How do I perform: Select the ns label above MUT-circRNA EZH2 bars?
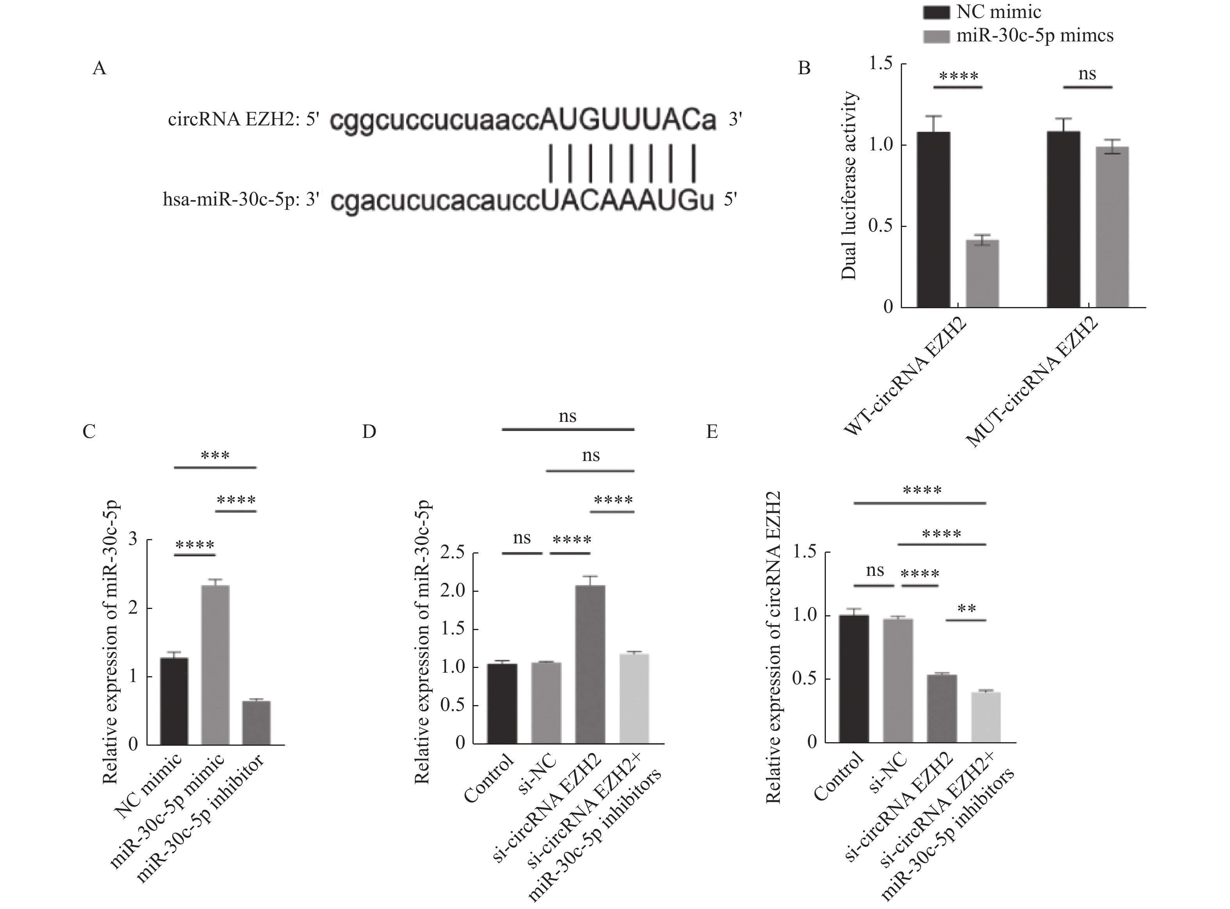(1087, 74)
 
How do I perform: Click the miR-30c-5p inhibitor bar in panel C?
(256, 722)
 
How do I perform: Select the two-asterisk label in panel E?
(966, 609)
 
